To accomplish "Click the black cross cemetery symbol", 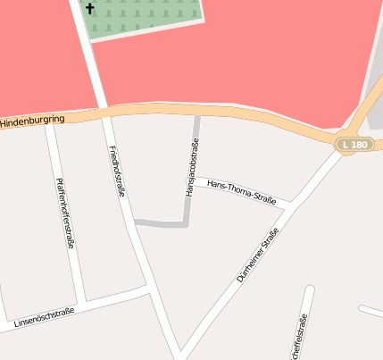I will pyautogui.click(x=89, y=9).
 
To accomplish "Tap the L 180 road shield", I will pyautogui.click(x=353, y=144).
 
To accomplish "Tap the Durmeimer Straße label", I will pyautogui.click(x=258, y=255).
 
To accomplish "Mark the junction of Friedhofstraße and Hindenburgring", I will pyautogui.click(x=104, y=113).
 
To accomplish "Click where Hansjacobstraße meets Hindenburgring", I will pyautogui.click(x=196, y=113).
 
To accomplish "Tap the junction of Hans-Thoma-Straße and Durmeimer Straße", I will pyautogui.click(x=288, y=207).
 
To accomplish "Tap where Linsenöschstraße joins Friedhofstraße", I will pyautogui.click(x=147, y=289).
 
